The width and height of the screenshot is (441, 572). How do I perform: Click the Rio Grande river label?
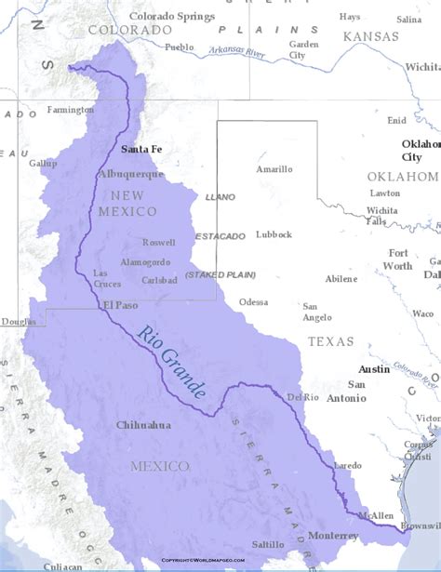tap(172, 362)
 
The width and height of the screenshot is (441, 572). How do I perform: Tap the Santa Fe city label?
tap(141, 149)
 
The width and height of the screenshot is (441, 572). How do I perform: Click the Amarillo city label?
tap(274, 169)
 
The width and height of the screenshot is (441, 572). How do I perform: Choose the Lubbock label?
tap(274, 234)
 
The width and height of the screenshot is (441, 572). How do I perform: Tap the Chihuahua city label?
tap(143, 425)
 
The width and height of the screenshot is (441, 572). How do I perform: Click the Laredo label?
tap(347, 464)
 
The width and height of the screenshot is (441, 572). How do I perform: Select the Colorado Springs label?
tap(172, 17)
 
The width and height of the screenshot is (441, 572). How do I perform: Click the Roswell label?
tap(159, 242)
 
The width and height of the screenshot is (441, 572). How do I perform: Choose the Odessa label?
tap(253, 301)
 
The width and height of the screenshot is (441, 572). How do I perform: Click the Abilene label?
tap(341, 278)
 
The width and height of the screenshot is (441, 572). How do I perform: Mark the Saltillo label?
tap(267, 544)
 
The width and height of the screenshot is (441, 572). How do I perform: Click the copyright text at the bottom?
tap(203, 561)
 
